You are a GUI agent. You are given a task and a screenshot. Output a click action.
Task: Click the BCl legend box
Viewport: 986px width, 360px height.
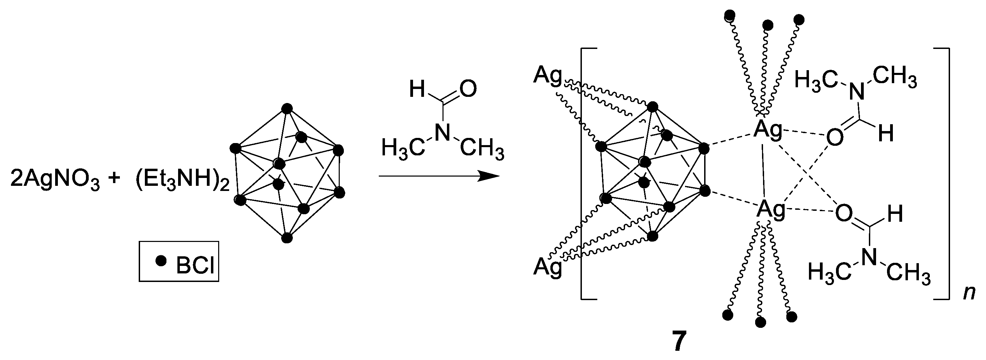pos(179,261)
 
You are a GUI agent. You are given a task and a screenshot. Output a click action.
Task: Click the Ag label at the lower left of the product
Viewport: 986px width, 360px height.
pos(548,267)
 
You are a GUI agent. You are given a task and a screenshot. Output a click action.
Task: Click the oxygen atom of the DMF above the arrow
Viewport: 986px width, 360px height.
pos(468,89)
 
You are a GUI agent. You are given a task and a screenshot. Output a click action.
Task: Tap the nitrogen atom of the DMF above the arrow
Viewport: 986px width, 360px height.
pos(443,133)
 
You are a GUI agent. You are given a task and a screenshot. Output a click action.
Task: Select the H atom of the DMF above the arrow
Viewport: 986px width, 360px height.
pos(417,89)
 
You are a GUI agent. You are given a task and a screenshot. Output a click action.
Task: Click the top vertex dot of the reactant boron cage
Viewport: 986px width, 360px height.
pos(287,109)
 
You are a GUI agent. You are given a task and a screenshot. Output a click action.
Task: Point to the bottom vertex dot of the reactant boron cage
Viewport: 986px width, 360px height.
pos(287,238)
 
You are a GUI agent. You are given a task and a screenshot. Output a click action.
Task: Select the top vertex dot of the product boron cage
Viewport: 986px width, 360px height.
pos(653,107)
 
